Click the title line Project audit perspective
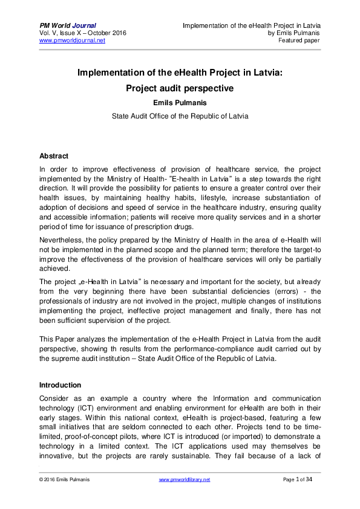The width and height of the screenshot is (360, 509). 180,88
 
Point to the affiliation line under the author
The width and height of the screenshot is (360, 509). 180,115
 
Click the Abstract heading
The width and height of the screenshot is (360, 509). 54,156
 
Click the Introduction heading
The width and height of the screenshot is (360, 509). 60,384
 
